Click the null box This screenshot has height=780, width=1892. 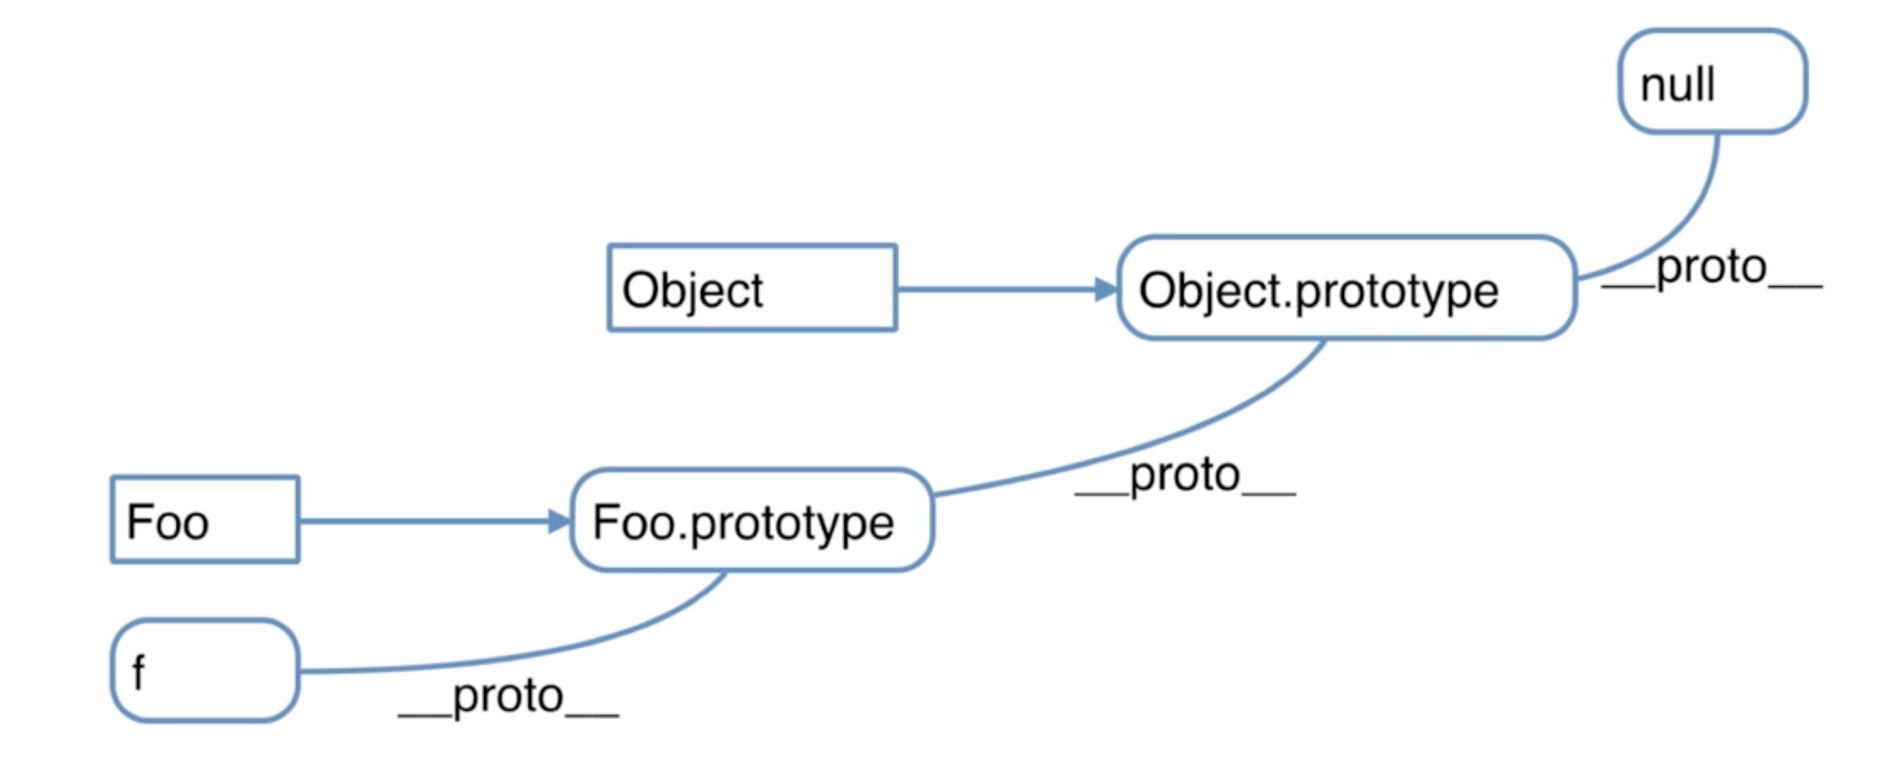point(1713,81)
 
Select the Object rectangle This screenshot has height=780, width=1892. point(752,288)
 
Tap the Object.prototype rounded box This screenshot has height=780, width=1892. point(1346,288)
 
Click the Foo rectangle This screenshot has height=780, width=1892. point(205,520)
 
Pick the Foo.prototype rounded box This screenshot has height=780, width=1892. point(752,520)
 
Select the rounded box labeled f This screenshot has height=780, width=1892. point(205,670)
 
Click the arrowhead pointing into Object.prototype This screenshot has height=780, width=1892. point(1106,289)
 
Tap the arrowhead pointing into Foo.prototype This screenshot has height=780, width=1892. point(560,521)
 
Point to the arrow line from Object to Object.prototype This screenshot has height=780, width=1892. point(1007,289)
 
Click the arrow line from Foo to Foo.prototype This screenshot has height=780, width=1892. point(435,521)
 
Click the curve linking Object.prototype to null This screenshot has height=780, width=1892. point(1685,228)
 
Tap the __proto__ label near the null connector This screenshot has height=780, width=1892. point(1712,268)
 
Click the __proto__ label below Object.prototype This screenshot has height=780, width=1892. point(1185,477)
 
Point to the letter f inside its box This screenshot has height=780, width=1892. point(138,672)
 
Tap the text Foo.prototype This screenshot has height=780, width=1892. point(743,522)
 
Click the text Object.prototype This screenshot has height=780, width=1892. point(1318,291)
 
